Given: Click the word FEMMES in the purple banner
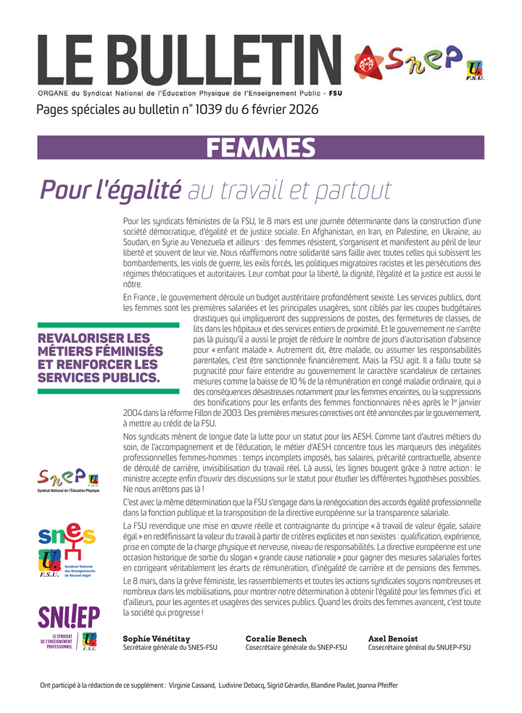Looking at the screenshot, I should point(261,148).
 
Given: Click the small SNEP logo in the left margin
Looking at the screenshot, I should point(69,479).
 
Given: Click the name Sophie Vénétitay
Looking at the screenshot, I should point(157,638).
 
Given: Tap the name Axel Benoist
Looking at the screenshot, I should point(392,638).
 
